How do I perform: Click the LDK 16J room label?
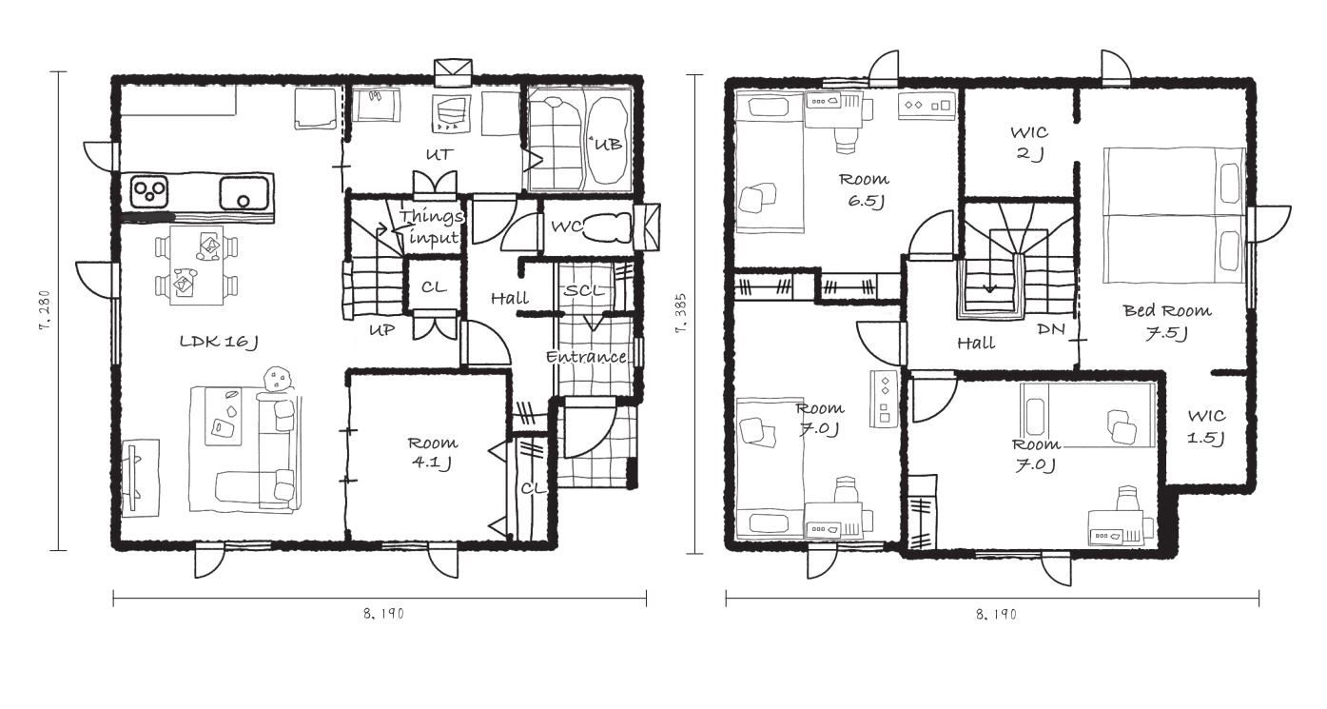219,342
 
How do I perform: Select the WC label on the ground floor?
566,226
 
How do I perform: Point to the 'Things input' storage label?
431,226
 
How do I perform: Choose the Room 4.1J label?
432,453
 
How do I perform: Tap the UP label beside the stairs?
382,329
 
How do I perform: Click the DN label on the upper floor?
1051,329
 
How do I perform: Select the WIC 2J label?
1029,143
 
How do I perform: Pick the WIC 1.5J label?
1207,426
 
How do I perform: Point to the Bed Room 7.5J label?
1167,322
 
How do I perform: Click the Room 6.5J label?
865,189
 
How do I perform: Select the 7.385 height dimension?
681,313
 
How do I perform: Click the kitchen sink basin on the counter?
244,191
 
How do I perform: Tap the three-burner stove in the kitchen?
148,191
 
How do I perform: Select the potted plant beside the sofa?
278,380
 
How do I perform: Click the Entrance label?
586,357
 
